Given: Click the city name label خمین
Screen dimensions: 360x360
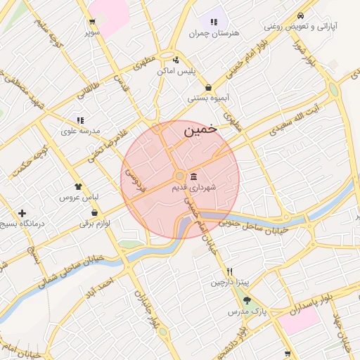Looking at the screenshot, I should tap(200, 131).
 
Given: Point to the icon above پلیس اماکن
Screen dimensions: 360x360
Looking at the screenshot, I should tap(176, 60).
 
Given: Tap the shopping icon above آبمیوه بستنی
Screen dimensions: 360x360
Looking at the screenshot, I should tap(209, 87).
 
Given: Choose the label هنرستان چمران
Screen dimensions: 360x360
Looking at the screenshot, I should tap(214, 33).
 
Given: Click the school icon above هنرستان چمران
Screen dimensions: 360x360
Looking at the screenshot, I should tap(214, 22).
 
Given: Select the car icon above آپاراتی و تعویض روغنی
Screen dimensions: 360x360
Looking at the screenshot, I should tap(300, 15).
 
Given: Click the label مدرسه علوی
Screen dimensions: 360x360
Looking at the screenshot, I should tap(81, 131).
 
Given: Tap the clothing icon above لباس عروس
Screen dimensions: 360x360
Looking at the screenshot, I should tap(79, 187).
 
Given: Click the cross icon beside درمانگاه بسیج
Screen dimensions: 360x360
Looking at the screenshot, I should tap(22, 212).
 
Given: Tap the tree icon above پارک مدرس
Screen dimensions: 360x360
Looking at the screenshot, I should tap(246, 300).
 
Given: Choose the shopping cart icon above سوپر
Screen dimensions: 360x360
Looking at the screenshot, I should tap(93, 21).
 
